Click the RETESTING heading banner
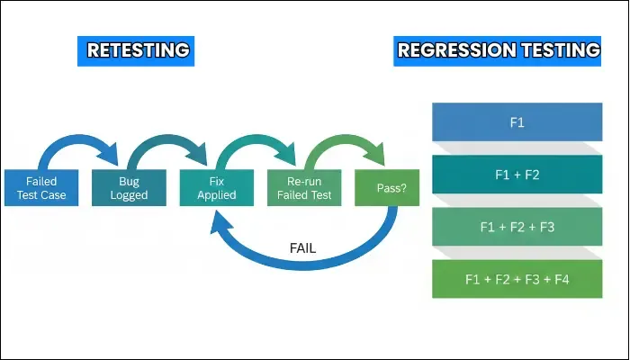pyautogui.click(x=137, y=50)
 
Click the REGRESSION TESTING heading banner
pyautogui.click(x=499, y=50)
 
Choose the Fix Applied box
pyautogui.click(x=216, y=188)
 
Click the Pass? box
pyautogui.click(x=387, y=188)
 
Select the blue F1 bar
pyautogui.click(x=517, y=122)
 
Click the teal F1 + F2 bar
pyautogui.click(x=517, y=175)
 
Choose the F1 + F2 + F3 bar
pyautogui.click(x=517, y=227)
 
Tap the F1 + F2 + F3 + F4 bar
pyautogui.click(x=517, y=279)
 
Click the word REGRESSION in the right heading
pyautogui.click(x=460, y=50)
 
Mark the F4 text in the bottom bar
pyautogui.click(x=562, y=279)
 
